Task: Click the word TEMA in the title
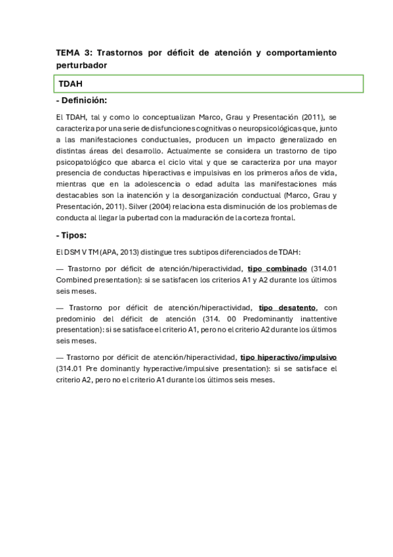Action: coord(66,53)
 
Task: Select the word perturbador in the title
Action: coord(82,66)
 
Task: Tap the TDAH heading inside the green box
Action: coord(70,85)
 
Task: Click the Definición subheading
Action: coord(83,100)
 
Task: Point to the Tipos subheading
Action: coord(73,234)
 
